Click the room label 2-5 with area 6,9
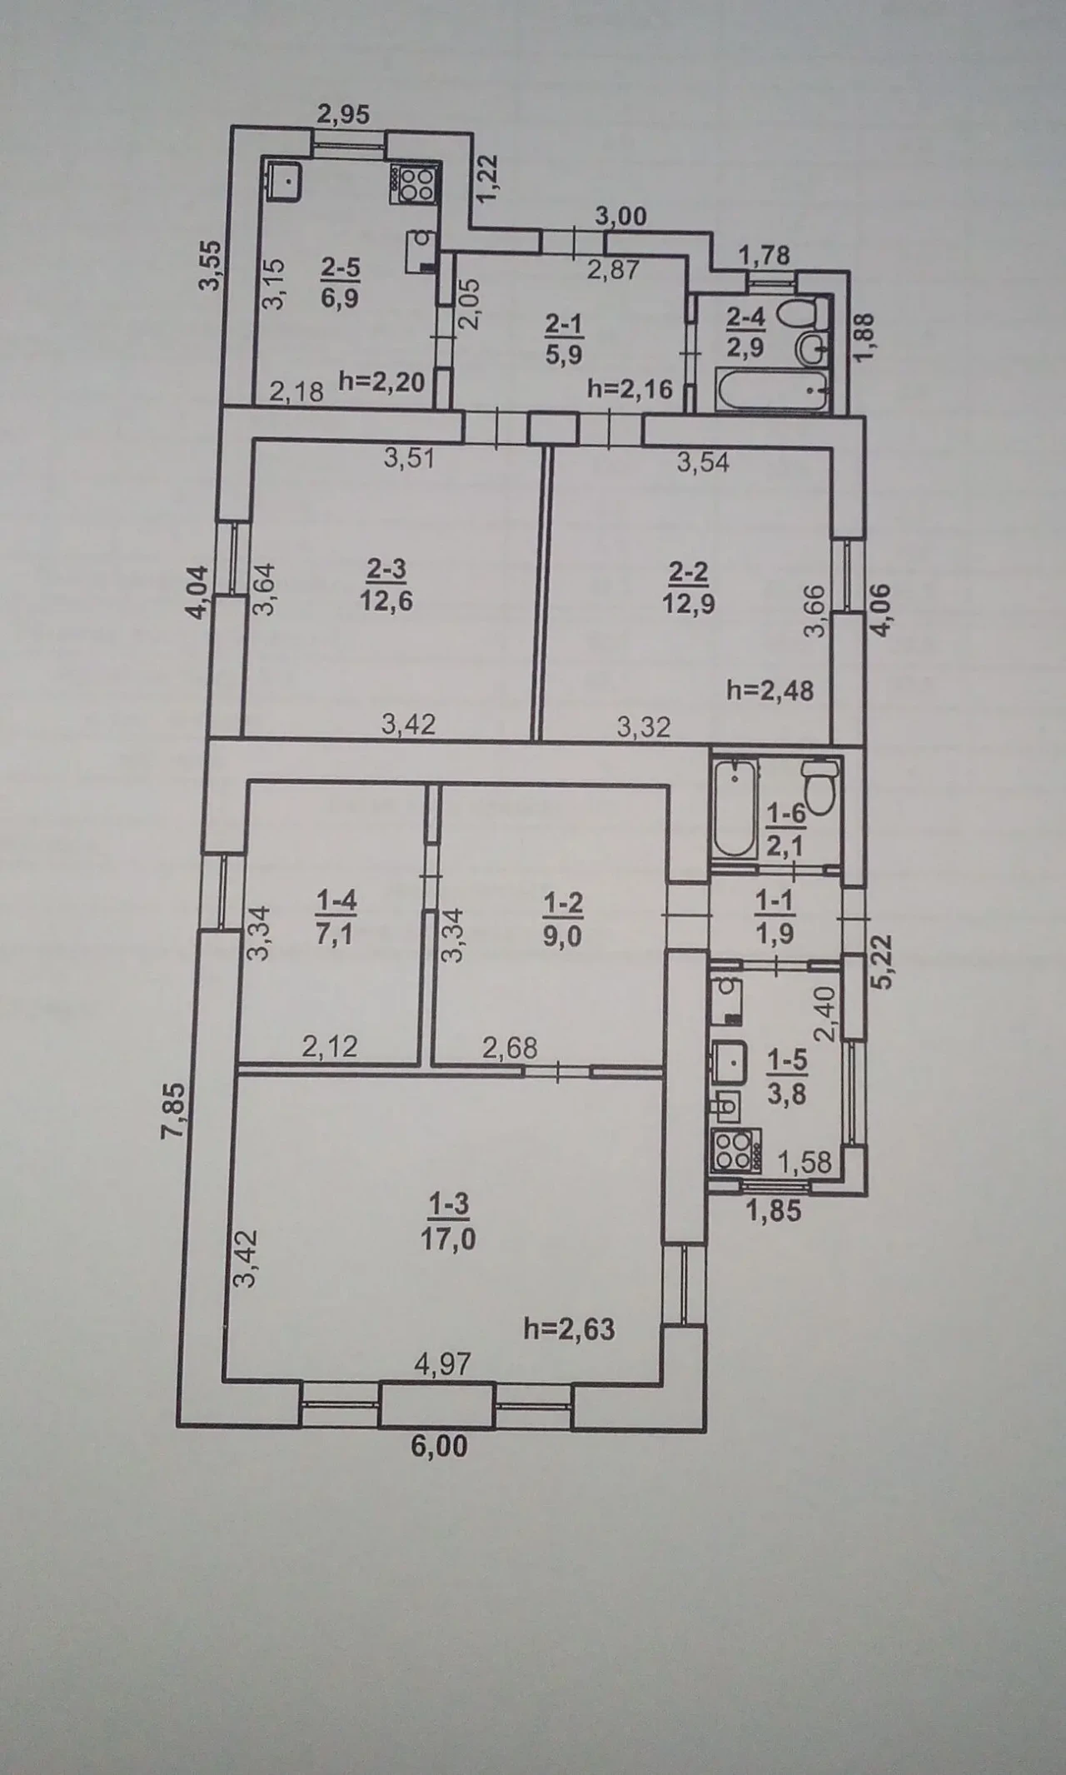click(340, 282)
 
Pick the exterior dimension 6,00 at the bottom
click(439, 1447)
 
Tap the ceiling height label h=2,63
click(570, 1329)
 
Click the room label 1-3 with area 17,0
click(448, 1221)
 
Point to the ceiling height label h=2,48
click(770, 690)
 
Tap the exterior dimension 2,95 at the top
click(343, 114)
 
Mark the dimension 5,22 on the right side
click(881, 960)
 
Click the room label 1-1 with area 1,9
click(774, 916)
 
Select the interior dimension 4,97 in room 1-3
click(443, 1364)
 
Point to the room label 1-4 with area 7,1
click(336, 917)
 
